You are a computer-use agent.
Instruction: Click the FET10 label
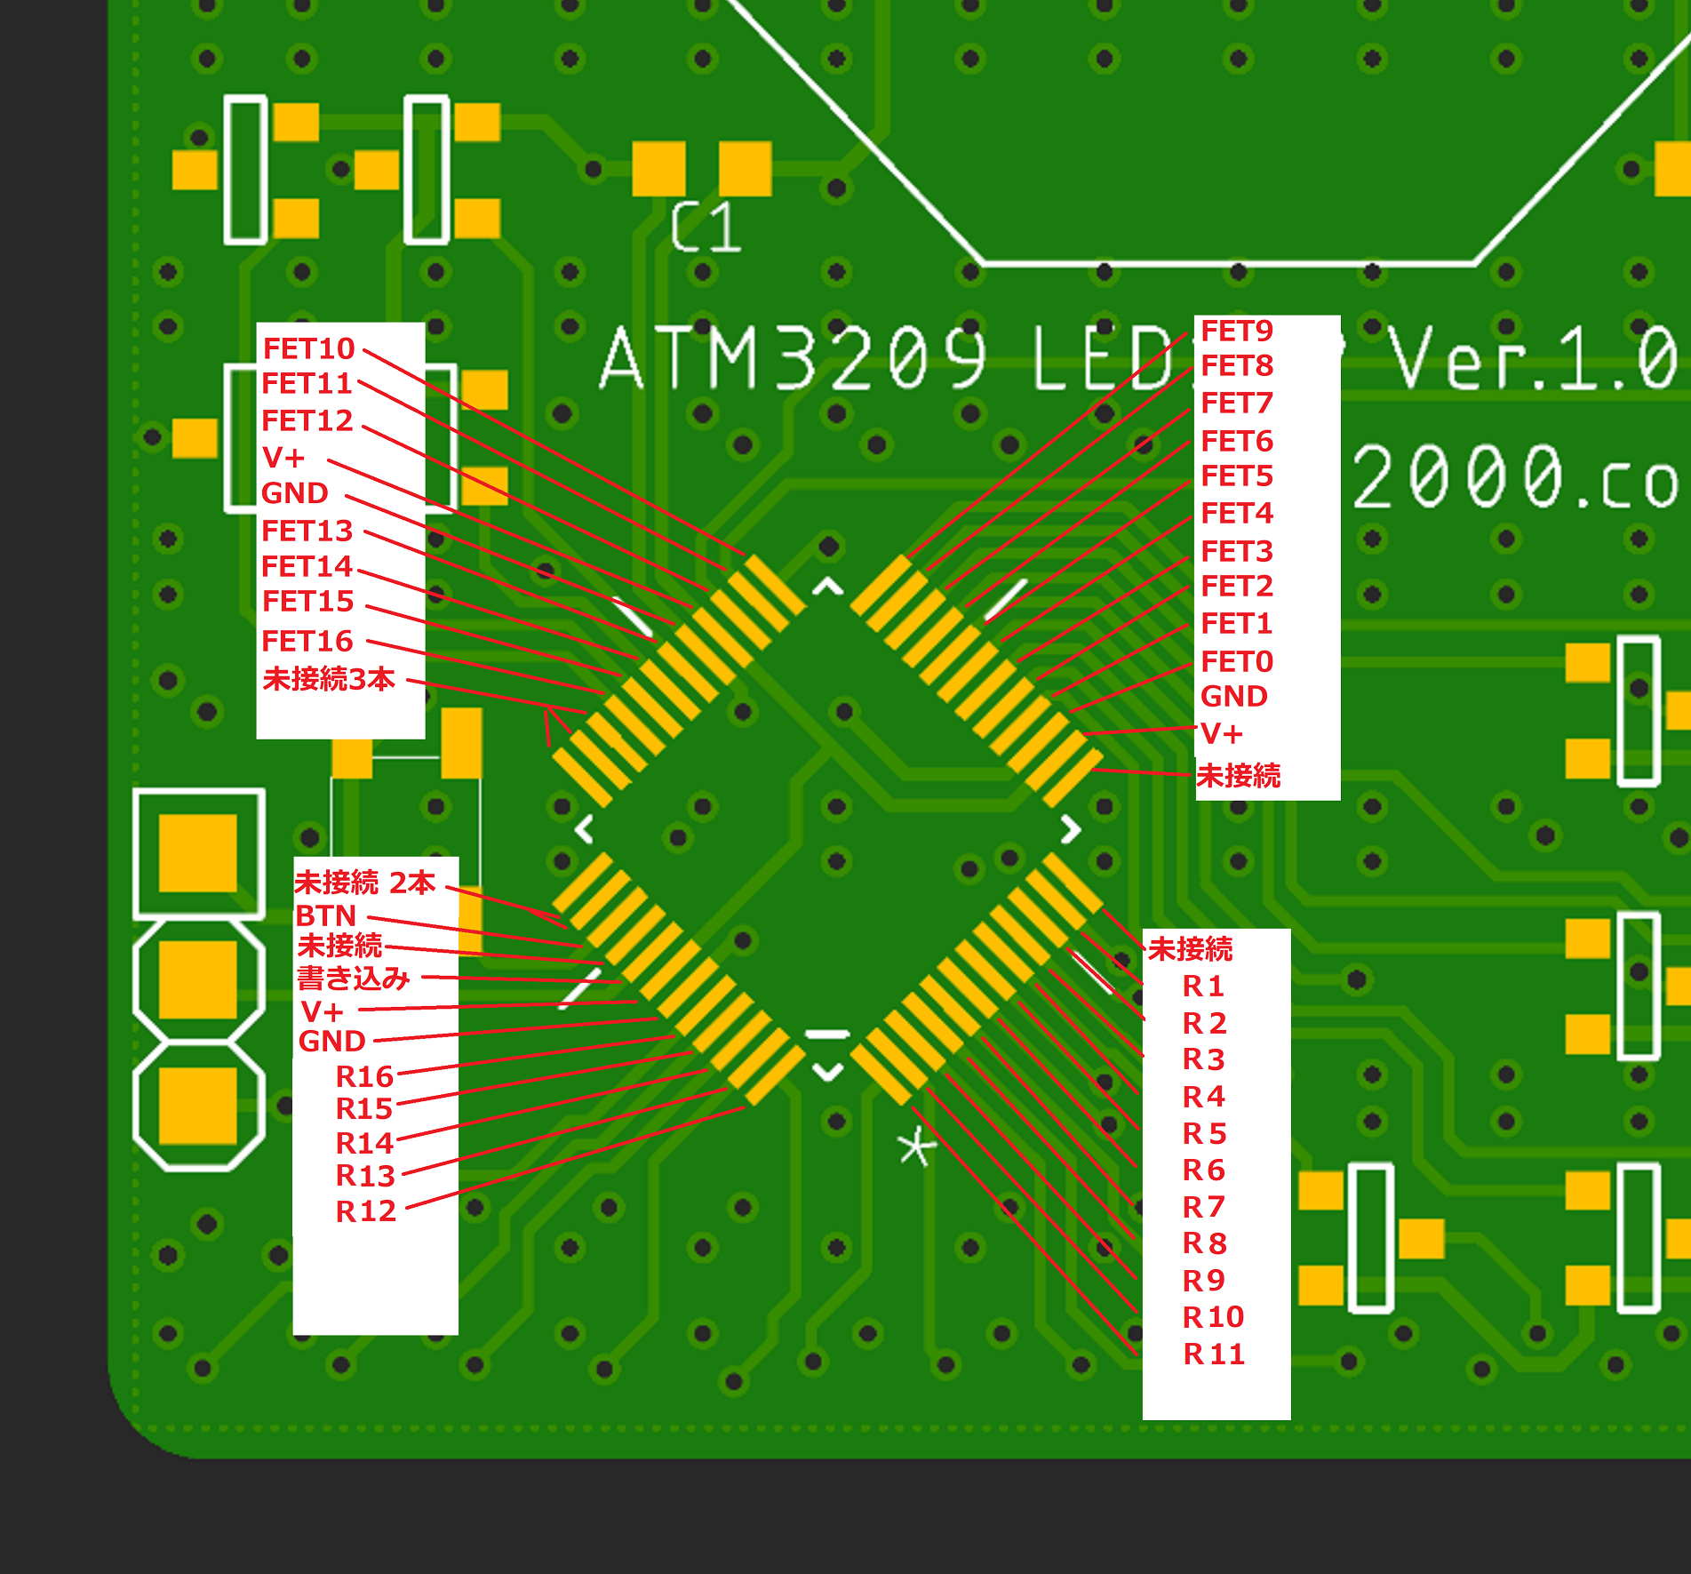(x=308, y=348)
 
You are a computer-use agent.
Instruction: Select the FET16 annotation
(x=307, y=641)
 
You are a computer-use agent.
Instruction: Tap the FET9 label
(x=1237, y=331)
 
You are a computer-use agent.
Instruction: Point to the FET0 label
(x=1237, y=661)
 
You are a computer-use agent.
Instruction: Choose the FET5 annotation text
(x=1237, y=476)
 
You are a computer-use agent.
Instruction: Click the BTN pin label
(x=326, y=915)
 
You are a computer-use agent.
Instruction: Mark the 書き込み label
(x=354, y=979)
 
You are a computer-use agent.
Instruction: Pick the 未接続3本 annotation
(x=329, y=679)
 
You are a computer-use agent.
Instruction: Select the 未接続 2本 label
(x=365, y=883)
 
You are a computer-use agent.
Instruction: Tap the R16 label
(x=364, y=1076)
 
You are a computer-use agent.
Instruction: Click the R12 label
(x=365, y=1210)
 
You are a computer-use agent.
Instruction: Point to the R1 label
(x=1204, y=986)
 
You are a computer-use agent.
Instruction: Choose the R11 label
(x=1214, y=1354)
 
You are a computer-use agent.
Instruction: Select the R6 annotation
(x=1204, y=1170)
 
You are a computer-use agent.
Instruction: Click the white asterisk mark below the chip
(x=916, y=1147)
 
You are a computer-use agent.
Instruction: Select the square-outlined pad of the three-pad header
(x=198, y=853)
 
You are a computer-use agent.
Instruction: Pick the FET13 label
(x=307, y=531)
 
